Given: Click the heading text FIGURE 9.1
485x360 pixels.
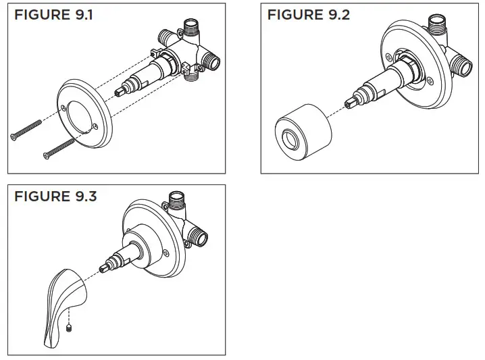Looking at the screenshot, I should (53, 15).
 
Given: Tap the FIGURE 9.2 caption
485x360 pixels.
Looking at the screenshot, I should (309, 15).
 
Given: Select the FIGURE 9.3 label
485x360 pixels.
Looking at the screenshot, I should (55, 197).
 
